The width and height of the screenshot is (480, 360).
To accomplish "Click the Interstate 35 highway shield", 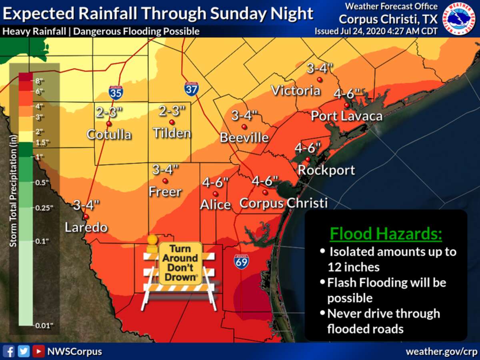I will [x=116, y=92].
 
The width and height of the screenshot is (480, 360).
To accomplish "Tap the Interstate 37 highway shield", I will [x=192, y=88].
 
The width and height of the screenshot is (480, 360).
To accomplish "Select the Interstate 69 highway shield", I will [x=242, y=261].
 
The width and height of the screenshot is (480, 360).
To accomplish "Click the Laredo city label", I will [x=86, y=228].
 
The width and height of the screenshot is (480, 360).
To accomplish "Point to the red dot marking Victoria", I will [x=319, y=80].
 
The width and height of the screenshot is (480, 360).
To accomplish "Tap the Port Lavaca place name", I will [x=347, y=116].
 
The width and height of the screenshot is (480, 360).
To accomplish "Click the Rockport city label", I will [x=326, y=170].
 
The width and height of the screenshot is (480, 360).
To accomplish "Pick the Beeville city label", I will [x=244, y=138].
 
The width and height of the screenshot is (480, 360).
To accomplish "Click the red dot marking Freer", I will [x=165, y=181].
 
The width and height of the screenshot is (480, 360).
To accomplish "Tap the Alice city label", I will [x=216, y=204].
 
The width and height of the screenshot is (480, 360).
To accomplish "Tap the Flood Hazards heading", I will [x=386, y=234].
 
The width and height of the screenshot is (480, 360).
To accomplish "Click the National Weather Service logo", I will [x=459, y=18].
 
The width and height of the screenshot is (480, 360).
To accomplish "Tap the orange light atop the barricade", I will [x=152, y=240].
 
